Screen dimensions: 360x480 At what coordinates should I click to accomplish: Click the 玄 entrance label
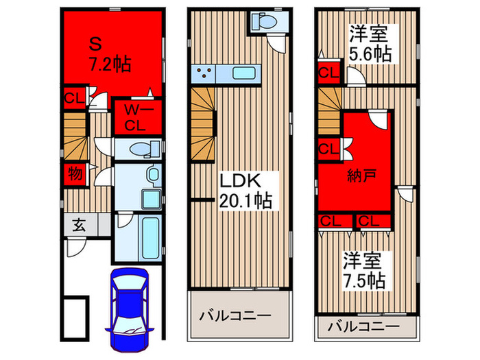(80, 224)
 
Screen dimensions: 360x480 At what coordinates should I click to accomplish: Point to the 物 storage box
(75, 175)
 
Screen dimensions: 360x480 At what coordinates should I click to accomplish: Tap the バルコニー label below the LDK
(235, 315)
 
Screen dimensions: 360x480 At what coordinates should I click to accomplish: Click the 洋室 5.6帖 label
(370, 43)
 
